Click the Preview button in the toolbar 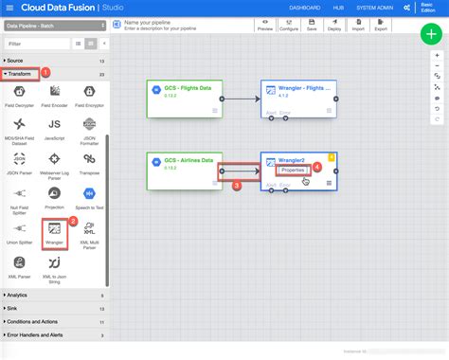point(265,25)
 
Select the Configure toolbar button point(289,25)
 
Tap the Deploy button point(333,25)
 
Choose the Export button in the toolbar point(381,25)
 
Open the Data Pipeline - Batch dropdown point(55,27)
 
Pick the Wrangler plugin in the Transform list point(55,230)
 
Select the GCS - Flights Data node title point(187,86)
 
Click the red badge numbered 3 point(237,186)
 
